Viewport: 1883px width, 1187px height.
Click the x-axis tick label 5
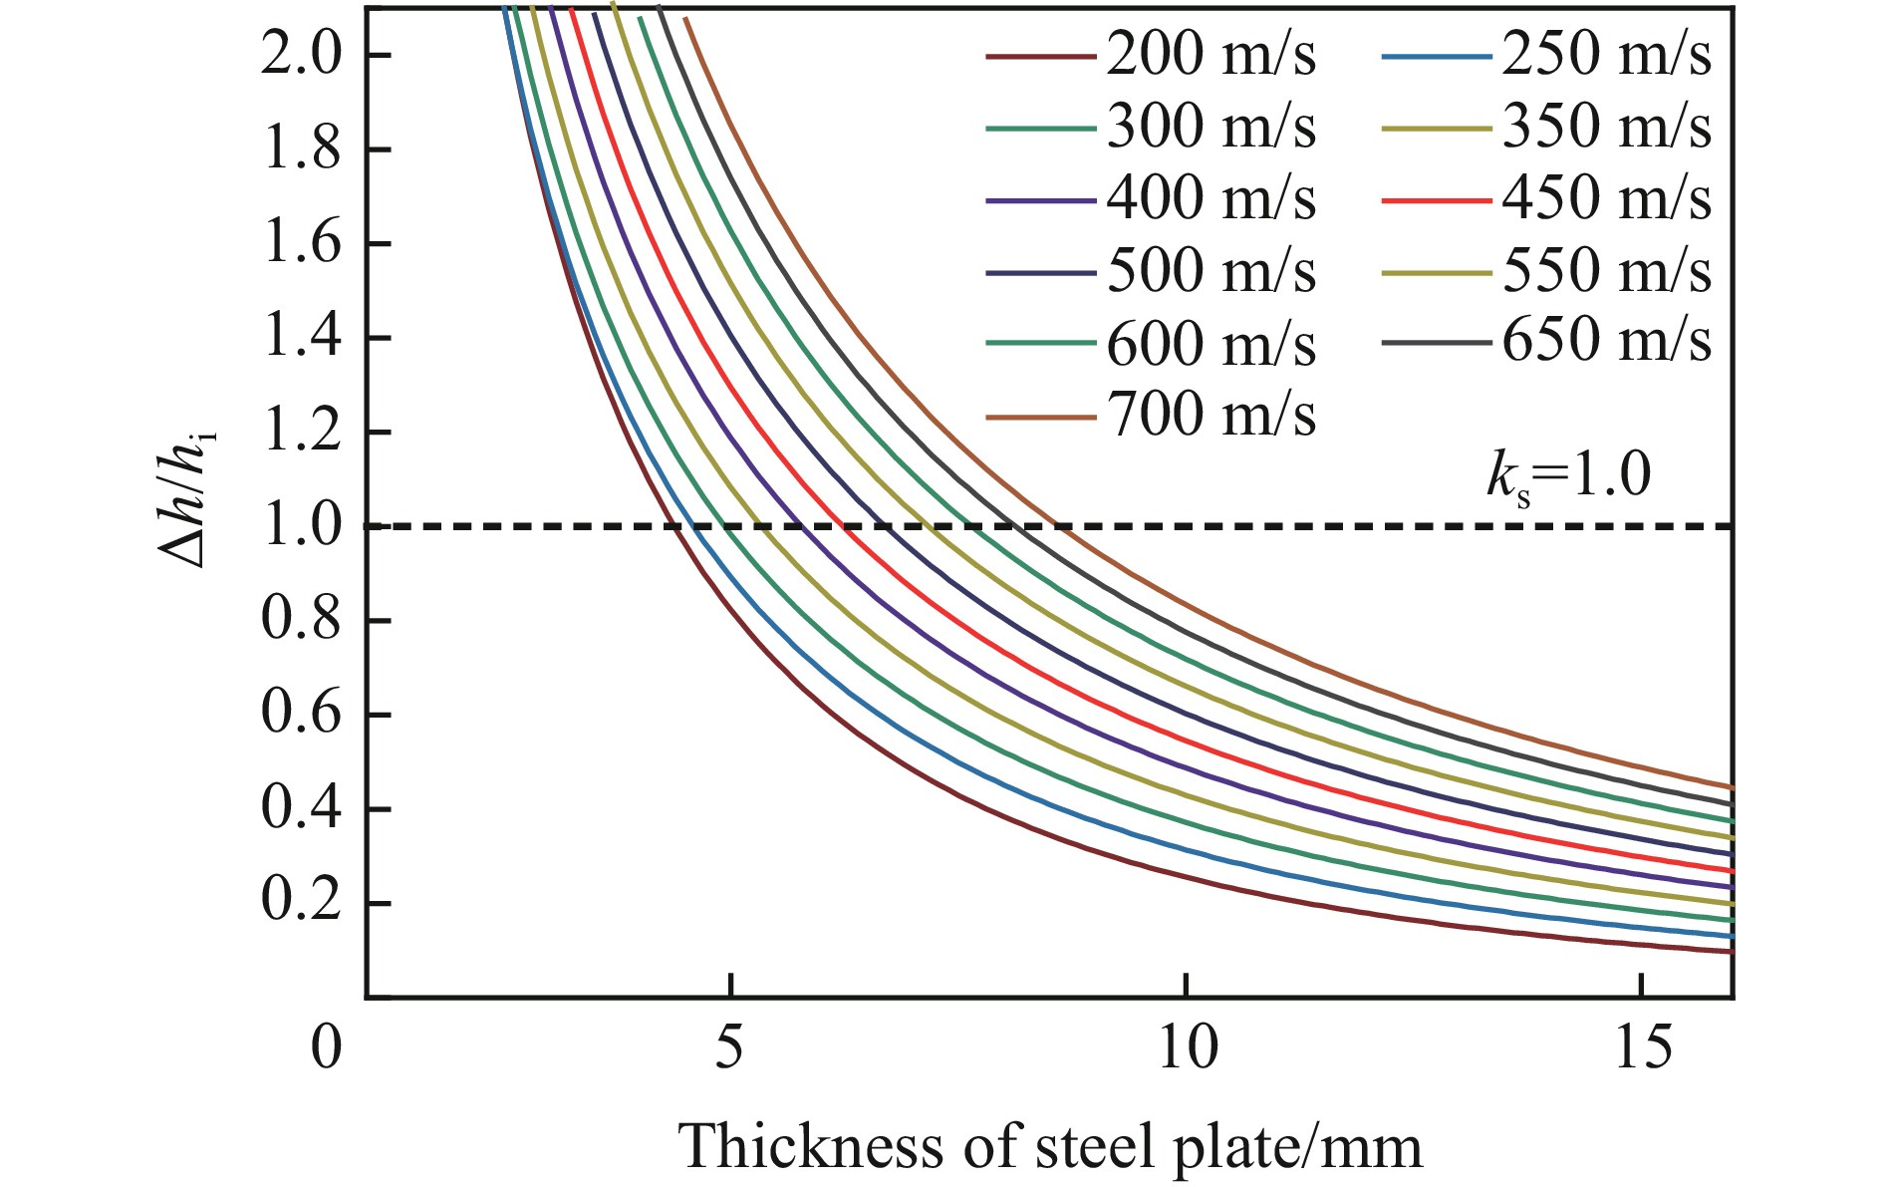(730, 1048)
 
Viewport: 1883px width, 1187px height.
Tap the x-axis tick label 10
(1187, 1048)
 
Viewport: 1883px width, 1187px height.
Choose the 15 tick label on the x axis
(1642, 1048)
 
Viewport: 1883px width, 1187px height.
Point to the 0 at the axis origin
(326, 1048)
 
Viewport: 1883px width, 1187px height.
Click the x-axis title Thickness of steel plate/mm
(1051, 1146)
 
